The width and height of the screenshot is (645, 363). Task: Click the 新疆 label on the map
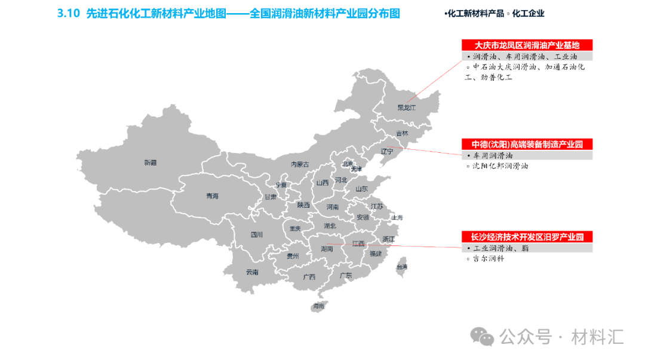(x=150, y=162)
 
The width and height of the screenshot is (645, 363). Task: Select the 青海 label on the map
(x=212, y=196)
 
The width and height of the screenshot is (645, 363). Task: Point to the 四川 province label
(x=256, y=235)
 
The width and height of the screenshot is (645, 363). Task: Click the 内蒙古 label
(x=300, y=164)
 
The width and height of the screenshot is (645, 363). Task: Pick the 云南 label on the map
(x=252, y=272)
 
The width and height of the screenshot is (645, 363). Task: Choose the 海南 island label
(x=318, y=306)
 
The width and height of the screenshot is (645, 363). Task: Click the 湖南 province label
(x=327, y=248)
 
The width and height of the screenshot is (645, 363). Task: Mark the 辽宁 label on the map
(x=387, y=152)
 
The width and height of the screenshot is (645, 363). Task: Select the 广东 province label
(x=345, y=275)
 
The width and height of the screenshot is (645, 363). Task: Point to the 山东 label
(x=361, y=189)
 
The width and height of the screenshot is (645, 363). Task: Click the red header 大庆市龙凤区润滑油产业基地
(x=527, y=45)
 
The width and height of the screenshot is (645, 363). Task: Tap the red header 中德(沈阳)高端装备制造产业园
(x=527, y=144)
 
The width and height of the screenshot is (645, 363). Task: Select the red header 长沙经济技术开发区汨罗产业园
(x=527, y=237)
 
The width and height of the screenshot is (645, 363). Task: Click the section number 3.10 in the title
(x=69, y=13)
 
